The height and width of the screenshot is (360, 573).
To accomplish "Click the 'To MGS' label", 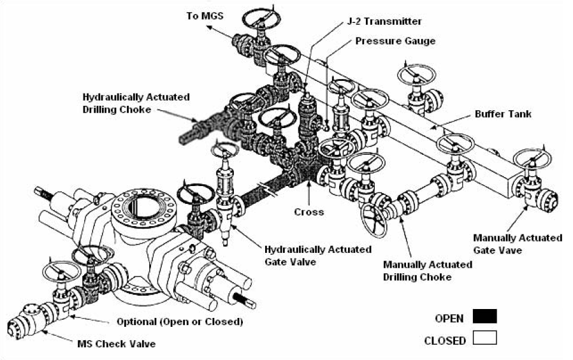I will (x=205, y=15).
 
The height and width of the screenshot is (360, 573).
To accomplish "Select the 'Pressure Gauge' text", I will (x=395, y=41).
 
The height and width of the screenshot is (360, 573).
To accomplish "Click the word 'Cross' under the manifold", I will (x=308, y=212).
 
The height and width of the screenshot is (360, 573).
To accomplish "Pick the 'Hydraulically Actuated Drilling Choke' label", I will (x=136, y=103).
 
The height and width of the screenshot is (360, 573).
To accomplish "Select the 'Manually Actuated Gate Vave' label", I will (x=517, y=243).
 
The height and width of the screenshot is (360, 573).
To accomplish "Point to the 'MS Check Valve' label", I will (x=122, y=343).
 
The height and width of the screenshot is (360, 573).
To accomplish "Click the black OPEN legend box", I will (x=484, y=317).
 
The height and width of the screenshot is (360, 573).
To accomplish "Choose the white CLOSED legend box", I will (x=484, y=338).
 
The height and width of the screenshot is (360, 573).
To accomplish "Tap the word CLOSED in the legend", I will (x=444, y=340).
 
